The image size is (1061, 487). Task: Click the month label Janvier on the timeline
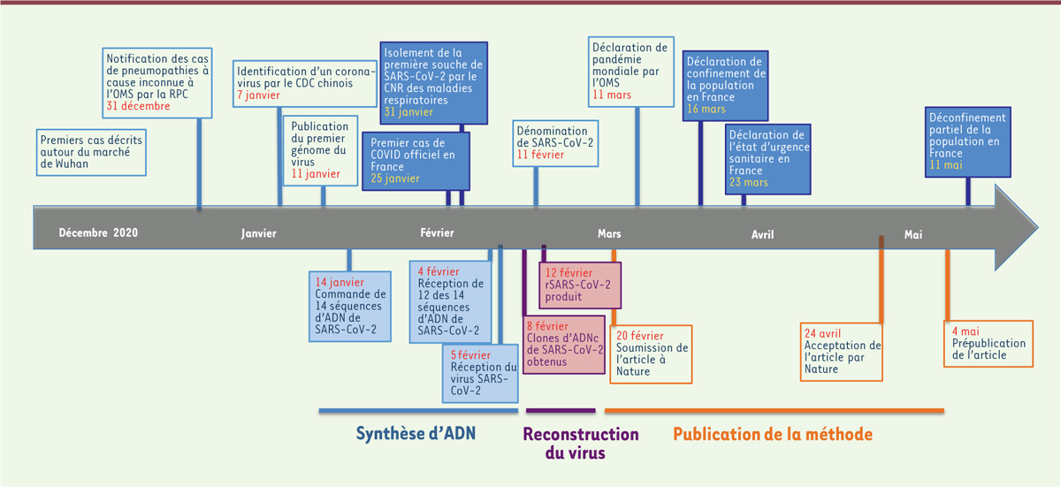(259, 234)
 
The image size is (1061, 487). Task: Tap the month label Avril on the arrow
(762, 234)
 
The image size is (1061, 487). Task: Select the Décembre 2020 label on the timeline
(99, 233)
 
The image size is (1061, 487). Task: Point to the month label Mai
(913, 234)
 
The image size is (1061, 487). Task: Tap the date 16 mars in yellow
(706, 109)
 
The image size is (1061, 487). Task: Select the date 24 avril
(823, 333)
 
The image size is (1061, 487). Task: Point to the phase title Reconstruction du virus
(580, 444)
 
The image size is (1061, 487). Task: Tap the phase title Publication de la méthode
(773, 434)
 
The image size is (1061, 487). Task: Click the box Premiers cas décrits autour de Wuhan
(91, 151)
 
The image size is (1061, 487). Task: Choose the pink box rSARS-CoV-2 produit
(579, 285)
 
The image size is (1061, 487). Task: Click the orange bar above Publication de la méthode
(774, 410)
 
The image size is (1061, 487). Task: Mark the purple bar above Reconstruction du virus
(561, 410)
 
